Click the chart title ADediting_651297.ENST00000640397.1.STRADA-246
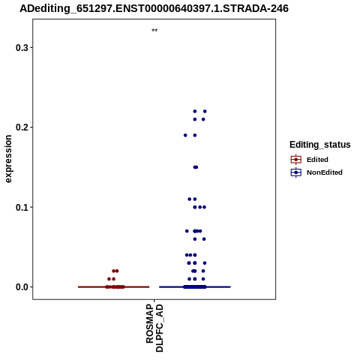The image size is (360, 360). pos(154,9)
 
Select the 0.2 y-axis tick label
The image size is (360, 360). pos(22,127)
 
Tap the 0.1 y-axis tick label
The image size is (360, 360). pos(22,207)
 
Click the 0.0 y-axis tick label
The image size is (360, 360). pos(22,287)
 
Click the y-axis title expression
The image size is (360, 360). pos(8,159)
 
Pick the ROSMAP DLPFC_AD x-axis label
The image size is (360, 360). pos(154,328)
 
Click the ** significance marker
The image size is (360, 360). pos(154,30)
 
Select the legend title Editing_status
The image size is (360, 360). pos(320,145)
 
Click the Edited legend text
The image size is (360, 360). pos(317,160)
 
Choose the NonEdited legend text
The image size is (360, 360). pos(325,172)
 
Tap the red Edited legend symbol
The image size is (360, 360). pos(296,160)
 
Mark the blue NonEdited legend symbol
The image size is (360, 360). pos(296,172)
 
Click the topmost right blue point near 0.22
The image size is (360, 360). pos(205,111)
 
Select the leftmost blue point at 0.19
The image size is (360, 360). pos(185,135)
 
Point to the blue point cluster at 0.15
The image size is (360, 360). pos(196,167)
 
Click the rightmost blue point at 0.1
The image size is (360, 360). pos(204,207)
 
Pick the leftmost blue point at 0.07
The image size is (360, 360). pos(187,231)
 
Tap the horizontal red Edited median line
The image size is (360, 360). pos(114,286)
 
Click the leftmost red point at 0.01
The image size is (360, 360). pos(109,279)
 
